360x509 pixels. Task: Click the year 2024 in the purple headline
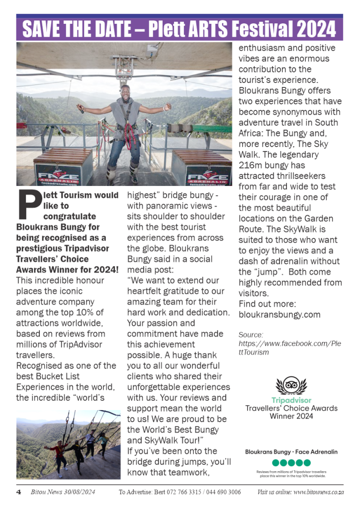click(317, 30)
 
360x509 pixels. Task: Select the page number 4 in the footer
click(18, 492)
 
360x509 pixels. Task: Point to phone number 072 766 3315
click(180, 492)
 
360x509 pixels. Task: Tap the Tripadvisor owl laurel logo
click(291, 385)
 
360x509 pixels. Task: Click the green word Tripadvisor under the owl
click(291, 400)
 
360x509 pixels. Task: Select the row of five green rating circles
click(291, 463)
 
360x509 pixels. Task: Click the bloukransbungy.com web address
click(279, 315)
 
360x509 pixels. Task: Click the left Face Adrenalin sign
click(58, 176)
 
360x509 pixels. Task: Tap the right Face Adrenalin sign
click(208, 176)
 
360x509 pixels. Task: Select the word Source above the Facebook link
click(251, 335)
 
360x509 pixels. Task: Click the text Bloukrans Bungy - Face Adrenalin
click(291, 452)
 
